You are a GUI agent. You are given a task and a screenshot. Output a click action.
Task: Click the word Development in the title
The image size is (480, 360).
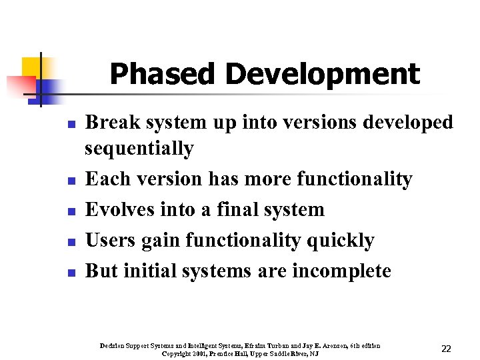click(323, 75)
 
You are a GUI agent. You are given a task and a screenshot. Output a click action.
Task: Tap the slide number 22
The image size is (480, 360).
click(447, 349)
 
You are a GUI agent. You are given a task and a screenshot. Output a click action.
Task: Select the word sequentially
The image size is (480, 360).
click(139, 148)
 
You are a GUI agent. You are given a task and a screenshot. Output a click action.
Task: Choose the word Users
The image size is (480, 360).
click(111, 240)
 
